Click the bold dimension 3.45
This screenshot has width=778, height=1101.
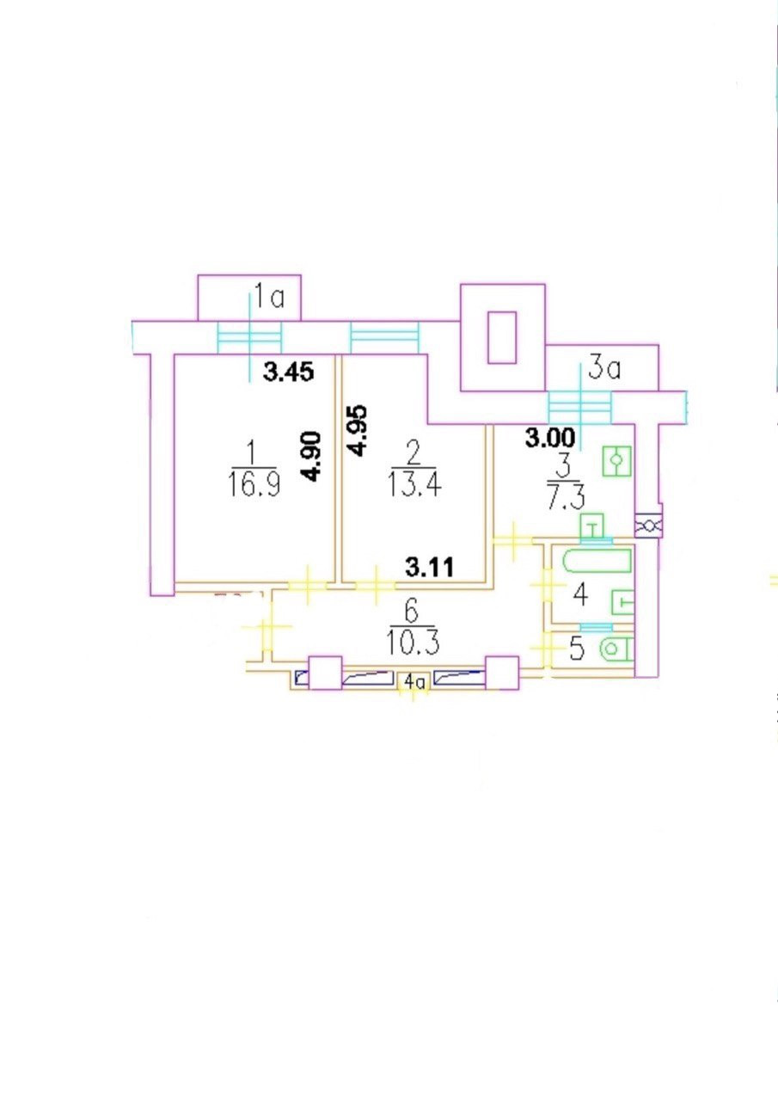coord(288,372)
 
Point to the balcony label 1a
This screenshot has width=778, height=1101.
coord(268,298)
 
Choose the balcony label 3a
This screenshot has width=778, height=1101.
coord(604,371)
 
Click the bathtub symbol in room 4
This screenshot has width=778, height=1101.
coord(597,562)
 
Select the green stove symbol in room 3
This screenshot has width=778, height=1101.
coord(616,462)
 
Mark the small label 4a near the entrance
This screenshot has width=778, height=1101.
coord(415,682)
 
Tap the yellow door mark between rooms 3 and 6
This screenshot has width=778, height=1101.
coord(514,539)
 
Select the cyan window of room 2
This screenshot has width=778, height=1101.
coord(384,336)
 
